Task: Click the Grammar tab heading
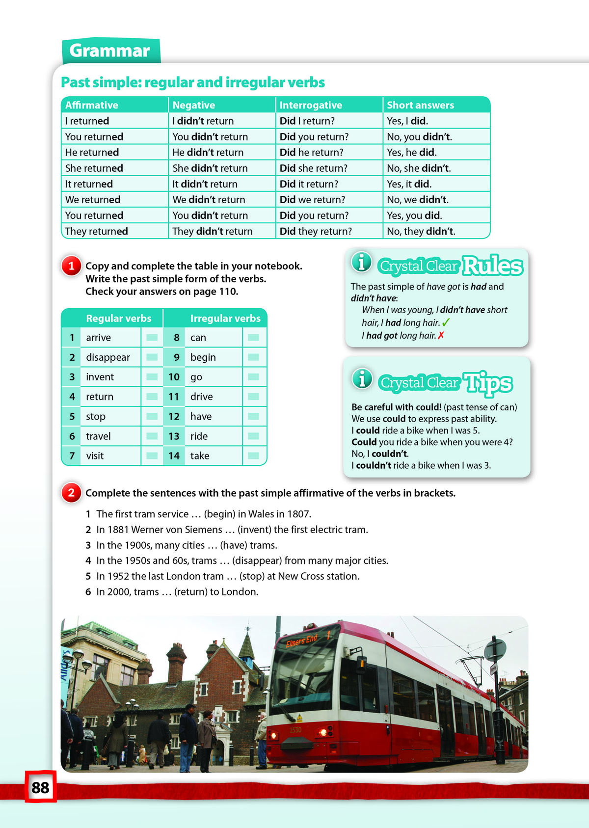pos(110,51)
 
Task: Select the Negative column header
pos(194,105)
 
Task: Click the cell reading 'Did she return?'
pos(314,168)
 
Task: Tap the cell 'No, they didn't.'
pos(421,231)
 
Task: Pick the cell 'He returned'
pos(92,153)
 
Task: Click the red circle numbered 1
pos(72,266)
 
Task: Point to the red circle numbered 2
pos(72,493)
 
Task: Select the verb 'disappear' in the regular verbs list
pos(108,357)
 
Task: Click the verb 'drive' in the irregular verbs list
pos(202,397)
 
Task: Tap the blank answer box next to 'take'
pos(254,455)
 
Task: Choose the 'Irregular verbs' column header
pos(225,319)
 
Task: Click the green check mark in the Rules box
pos(446,322)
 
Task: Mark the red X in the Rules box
pos(441,335)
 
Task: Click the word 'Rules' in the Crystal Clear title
pos(492,266)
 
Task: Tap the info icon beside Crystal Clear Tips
pos(362,378)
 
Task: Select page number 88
pos(40,787)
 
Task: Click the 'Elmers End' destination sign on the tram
pos(302,640)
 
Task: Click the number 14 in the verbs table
pos(174,455)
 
